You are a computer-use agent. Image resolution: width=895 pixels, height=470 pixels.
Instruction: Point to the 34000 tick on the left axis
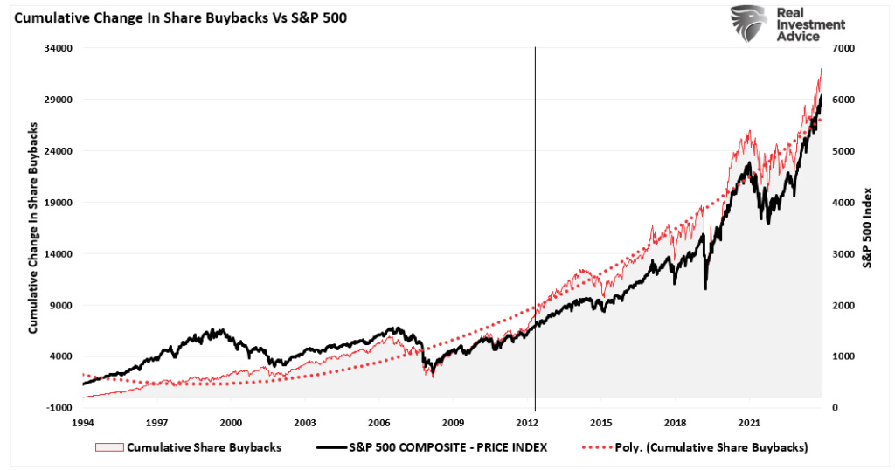point(59,48)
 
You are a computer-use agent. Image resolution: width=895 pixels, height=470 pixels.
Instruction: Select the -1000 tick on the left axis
point(59,408)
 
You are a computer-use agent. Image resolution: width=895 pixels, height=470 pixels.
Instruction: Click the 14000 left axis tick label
point(59,254)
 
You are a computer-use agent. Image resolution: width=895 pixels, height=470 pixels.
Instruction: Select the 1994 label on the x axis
point(83,421)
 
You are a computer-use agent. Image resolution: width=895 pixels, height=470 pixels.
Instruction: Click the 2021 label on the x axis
point(749,421)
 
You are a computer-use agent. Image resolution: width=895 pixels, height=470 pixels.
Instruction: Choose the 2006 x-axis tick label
point(379,421)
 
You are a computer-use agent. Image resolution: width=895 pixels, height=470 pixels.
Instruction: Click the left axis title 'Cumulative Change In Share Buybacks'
point(33,228)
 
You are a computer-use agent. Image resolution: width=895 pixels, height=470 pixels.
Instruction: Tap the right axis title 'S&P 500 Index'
point(868,227)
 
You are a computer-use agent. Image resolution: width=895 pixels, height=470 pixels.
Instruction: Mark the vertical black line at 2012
point(534,227)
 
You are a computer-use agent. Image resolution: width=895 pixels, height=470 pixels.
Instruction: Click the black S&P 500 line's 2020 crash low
point(704,288)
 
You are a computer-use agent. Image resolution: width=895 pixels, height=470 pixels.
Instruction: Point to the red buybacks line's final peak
point(821,69)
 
